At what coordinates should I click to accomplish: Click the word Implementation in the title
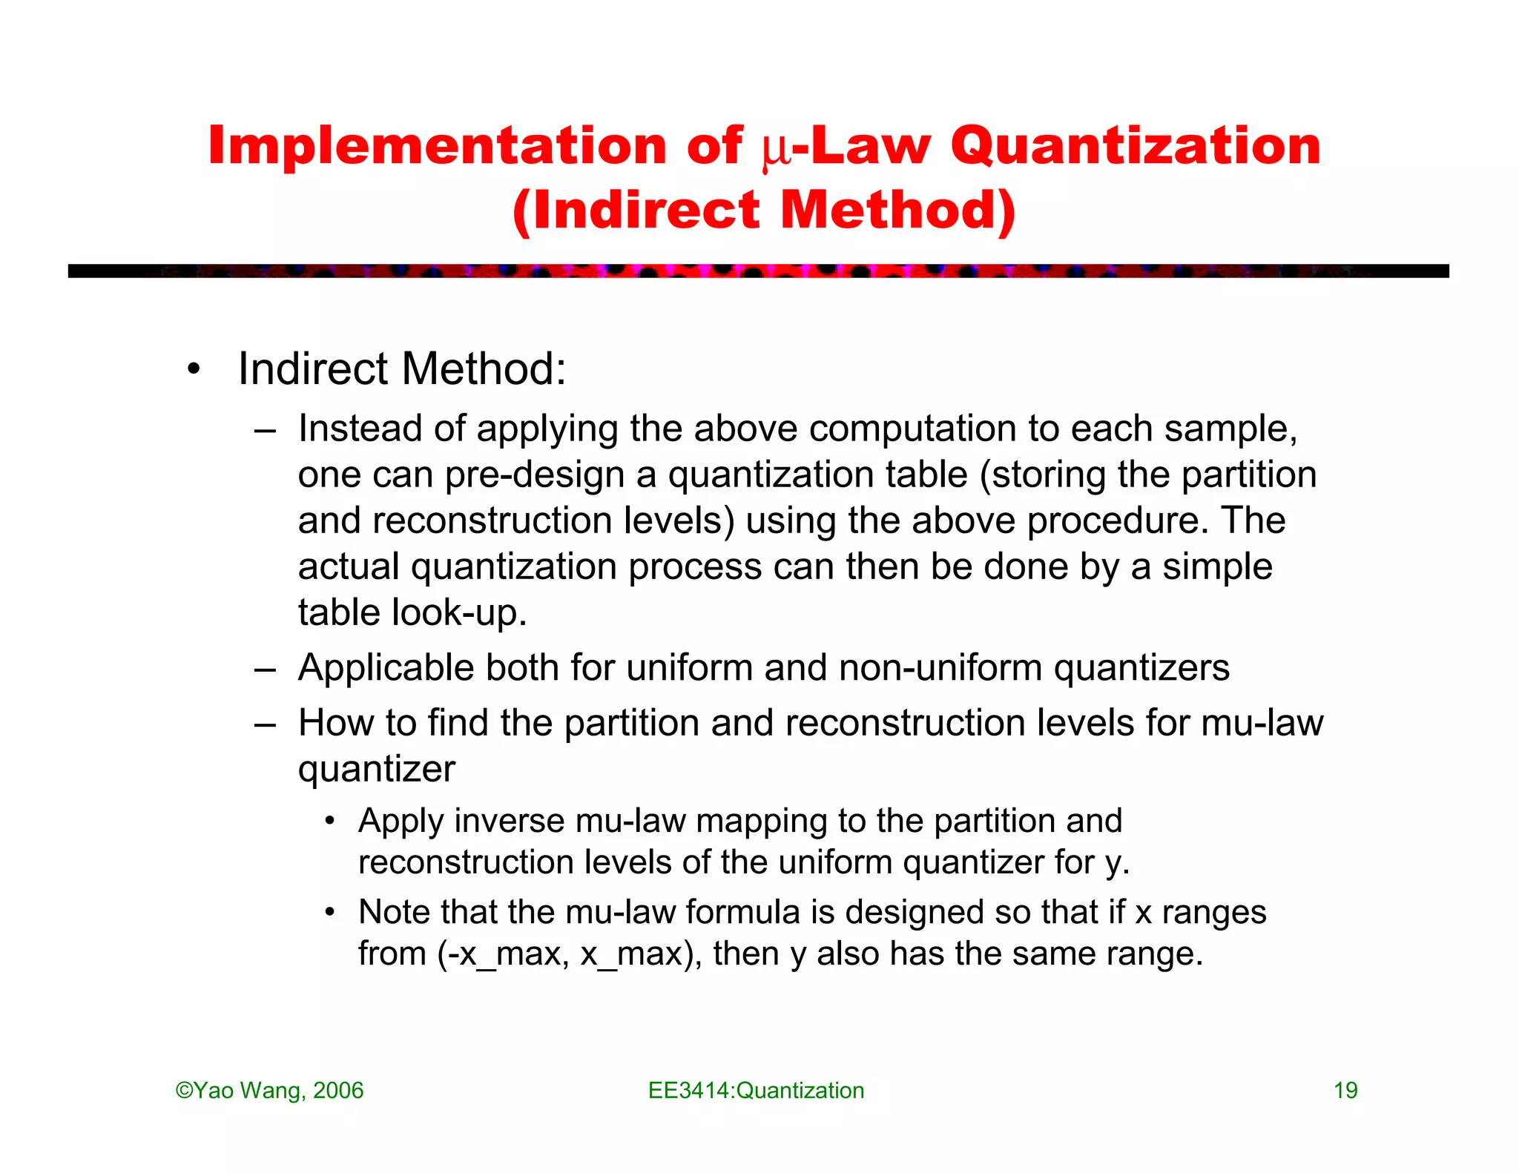pyautogui.click(x=438, y=145)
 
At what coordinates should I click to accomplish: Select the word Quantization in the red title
pyautogui.click(x=1136, y=147)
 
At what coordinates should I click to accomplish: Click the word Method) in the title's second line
pyautogui.click(x=897, y=211)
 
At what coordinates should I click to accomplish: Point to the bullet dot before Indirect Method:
pyautogui.click(x=194, y=369)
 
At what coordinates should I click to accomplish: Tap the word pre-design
pyautogui.click(x=535, y=475)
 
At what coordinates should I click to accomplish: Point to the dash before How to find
pyautogui.click(x=265, y=724)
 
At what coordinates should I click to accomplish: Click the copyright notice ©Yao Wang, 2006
pyautogui.click(x=269, y=1091)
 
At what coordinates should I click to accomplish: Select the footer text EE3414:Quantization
pyautogui.click(x=756, y=1091)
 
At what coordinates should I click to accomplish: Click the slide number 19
pyautogui.click(x=1345, y=1091)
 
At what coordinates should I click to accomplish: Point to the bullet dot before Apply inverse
pyautogui.click(x=330, y=821)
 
